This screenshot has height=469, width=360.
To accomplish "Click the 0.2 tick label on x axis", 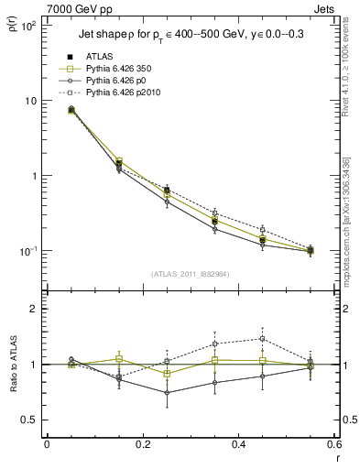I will point(142,444).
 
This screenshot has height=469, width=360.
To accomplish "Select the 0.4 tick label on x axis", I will point(237,444).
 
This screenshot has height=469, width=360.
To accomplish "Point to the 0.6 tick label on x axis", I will point(332,444).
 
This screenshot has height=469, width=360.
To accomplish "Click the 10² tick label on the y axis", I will point(29,26).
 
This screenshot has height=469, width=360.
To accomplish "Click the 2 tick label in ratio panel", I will point(35,309).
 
